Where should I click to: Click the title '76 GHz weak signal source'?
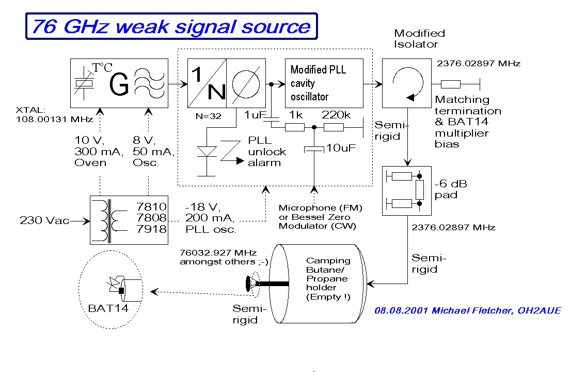[x=171, y=26]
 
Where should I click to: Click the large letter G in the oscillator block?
[x=119, y=84]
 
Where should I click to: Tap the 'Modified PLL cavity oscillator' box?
[x=324, y=83]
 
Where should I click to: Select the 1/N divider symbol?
[x=207, y=83]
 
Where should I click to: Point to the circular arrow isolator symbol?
[x=408, y=83]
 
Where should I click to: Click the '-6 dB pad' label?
[x=451, y=189]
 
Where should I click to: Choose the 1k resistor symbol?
[x=295, y=127]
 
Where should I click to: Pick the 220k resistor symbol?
[x=334, y=127]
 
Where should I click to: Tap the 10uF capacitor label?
[x=341, y=148]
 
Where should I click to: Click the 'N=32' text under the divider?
[x=208, y=116]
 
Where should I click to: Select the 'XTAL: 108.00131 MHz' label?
[x=54, y=114]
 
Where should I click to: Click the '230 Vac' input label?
[x=44, y=220]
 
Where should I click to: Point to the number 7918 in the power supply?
[x=152, y=229]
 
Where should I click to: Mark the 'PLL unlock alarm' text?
[x=267, y=151]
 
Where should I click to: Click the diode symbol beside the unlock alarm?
[x=207, y=152]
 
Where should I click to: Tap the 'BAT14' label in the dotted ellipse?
[x=108, y=308]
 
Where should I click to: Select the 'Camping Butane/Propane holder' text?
[x=328, y=279]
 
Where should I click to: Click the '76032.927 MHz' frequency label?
[x=218, y=253]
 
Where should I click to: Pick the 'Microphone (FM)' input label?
[x=321, y=208]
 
